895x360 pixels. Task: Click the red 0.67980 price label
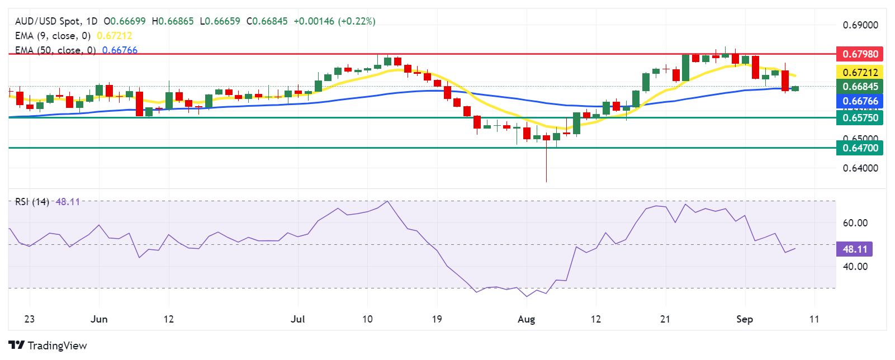pos(860,54)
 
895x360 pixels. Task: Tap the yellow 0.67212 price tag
pos(860,72)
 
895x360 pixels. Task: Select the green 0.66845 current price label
pos(860,87)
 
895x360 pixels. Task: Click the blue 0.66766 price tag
pos(860,101)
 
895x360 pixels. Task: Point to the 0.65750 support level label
pos(860,117)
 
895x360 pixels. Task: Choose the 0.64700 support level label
pos(860,148)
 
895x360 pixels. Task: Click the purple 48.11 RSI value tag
pos(854,249)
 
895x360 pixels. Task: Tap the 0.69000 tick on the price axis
pos(860,25)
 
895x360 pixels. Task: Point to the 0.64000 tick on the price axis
pos(860,168)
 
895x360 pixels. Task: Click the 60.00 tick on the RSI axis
pos(855,223)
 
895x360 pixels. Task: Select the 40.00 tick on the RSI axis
pos(855,267)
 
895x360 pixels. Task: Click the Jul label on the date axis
pos(298,319)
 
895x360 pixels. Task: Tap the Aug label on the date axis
pos(526,319)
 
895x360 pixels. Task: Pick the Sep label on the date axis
pos(744,319)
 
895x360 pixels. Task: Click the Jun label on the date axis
pos(99,319)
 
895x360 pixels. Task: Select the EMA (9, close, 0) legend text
pos(53,36)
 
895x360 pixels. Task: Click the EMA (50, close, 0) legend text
pos(55,50)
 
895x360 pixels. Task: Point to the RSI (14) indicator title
pos(32,202)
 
